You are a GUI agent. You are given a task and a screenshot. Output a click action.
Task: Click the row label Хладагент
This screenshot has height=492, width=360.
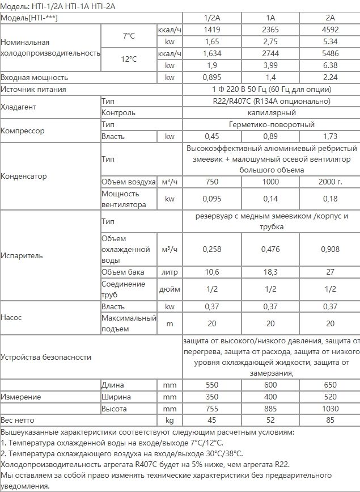[18, 107]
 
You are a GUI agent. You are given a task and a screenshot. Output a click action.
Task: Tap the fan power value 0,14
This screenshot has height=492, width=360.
[270, 199]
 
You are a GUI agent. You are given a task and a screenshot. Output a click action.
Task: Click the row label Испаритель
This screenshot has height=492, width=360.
[22, 255]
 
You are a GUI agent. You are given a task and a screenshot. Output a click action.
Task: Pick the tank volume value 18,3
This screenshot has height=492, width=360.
[270, 272]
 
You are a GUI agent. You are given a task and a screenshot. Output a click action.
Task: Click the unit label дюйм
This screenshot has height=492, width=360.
[170, 289]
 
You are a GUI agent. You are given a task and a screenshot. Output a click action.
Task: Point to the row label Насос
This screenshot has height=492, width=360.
[11, 318]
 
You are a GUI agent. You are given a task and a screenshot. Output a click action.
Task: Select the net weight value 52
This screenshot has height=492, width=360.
[270, 420]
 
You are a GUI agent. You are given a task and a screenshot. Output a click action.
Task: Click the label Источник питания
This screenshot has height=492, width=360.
[33, 89]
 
